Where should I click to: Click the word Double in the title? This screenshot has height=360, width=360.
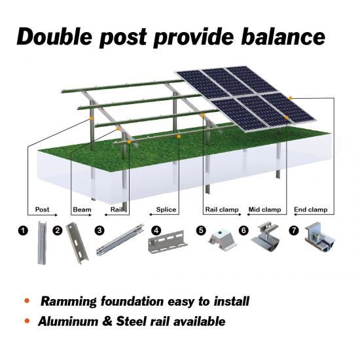click(54, 37)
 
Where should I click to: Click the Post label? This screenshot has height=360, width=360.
click(43, 209)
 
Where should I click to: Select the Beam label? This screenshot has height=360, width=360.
click(82, 209)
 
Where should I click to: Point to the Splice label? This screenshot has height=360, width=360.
click(166, 209)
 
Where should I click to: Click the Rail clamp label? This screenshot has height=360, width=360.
click(222, 209)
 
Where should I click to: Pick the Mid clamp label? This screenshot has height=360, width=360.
click(264, 209)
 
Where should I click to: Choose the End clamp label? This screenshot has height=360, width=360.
click(311, 209)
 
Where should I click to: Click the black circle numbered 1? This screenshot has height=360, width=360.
click(23, 230)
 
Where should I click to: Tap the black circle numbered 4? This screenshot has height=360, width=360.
click(156, 230)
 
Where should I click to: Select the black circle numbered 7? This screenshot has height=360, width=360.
click(294, 230)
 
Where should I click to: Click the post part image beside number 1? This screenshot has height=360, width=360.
click(42, 243)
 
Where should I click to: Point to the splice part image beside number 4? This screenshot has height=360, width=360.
click(168, 242)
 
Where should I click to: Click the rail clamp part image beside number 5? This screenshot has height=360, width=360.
click(223, 240)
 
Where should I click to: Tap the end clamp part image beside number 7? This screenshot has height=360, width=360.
click(319, 237)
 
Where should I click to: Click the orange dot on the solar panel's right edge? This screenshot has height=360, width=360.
click(291, 98)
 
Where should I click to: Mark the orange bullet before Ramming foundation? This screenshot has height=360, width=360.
click(27, 300)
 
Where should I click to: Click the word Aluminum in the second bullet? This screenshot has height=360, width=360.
click(68, 321)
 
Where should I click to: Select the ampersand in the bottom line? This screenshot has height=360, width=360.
click(107, 321)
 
